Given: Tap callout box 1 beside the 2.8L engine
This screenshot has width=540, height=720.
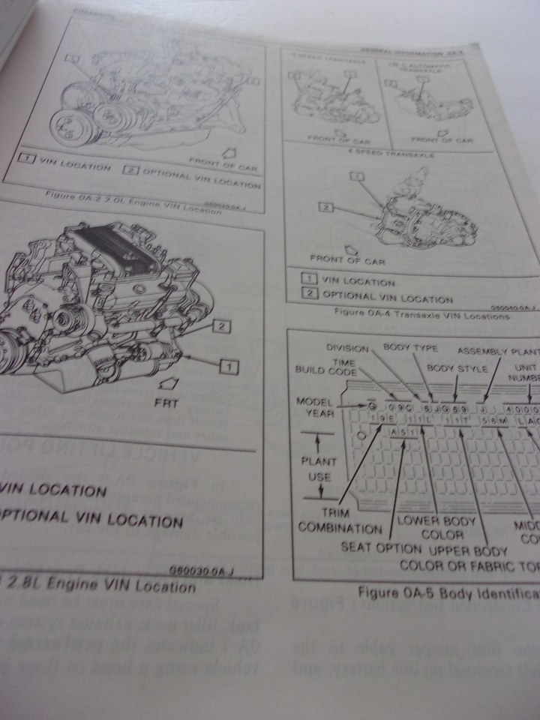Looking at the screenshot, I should tap(229, 366).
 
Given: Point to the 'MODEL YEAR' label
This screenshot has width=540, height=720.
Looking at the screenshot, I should tap(314, 409).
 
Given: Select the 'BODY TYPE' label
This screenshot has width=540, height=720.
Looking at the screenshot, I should tap(407, 347).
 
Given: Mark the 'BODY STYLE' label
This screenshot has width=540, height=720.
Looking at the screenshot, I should tap(457, 368).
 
